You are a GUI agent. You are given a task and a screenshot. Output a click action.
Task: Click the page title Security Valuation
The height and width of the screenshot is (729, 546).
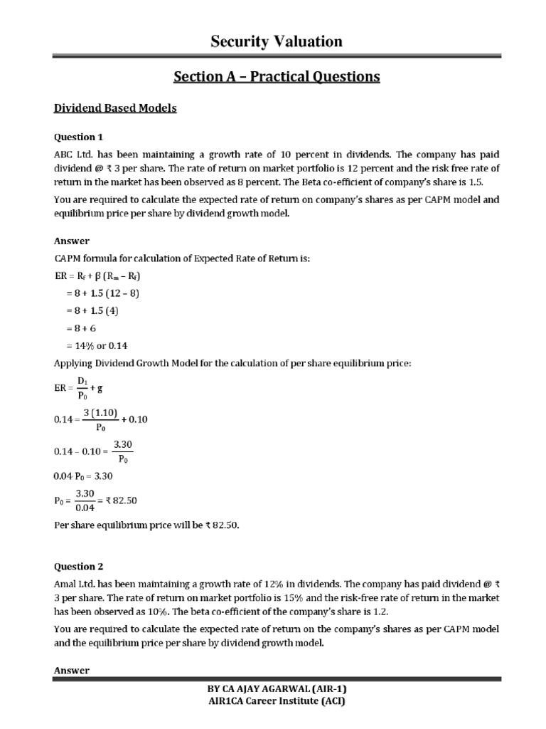277,42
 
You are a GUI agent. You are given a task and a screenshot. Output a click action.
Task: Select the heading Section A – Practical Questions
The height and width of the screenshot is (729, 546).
277,77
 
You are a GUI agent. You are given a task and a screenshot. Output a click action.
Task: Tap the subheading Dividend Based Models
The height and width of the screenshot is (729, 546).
115,108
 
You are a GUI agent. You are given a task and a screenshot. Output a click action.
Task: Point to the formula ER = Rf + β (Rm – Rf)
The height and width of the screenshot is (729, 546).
104,275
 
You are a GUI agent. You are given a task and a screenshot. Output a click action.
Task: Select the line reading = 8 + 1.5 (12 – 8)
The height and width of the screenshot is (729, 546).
107,292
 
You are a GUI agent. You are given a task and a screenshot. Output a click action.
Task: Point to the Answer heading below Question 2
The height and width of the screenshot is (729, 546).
72,671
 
